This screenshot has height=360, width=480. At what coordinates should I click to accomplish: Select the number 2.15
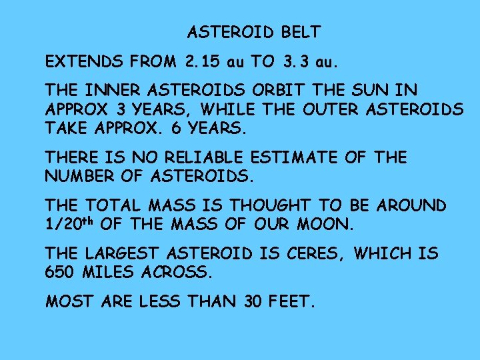202,63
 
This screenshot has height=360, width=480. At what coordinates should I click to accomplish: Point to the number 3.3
296,63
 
